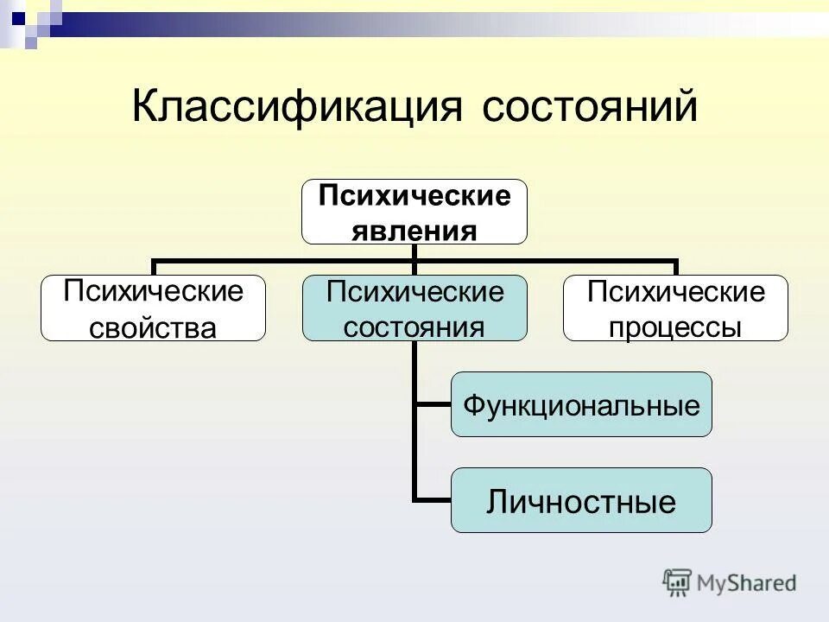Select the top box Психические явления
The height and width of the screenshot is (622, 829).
point(414,212)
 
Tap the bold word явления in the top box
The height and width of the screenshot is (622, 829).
point(414,231)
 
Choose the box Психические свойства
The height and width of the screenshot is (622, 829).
point(153,308)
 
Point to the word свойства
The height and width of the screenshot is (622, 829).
point(153,327)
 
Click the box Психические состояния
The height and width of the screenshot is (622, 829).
point(414,308)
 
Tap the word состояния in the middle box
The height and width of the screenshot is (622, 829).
point(414,327)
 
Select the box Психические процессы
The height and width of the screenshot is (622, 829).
point(675,308)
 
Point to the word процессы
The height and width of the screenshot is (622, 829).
point(675,327)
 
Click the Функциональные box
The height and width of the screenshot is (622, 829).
point(581,404)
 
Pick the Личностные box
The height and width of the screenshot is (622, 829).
point(581,500)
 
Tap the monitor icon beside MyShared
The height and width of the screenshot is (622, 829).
point(677,583)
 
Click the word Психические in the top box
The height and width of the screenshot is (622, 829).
point(414,197)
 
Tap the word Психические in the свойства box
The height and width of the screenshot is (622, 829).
point(153,291)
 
